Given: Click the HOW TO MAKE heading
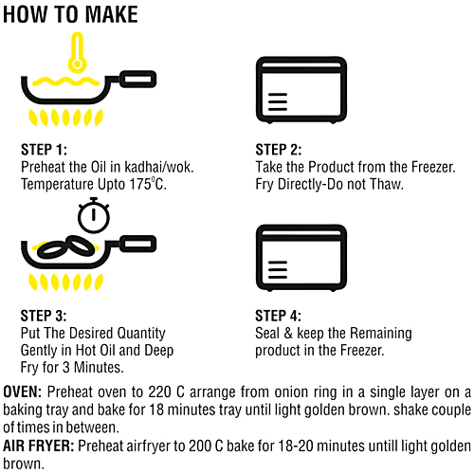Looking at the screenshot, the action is pos(70,14).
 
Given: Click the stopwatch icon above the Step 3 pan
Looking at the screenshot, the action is pos(94,215).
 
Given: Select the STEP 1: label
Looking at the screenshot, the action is pos(44,150).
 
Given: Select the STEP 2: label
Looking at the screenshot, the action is pos(279,150).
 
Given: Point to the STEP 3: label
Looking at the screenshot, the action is pos(44,316).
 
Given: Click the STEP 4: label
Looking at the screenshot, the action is pos(278,316).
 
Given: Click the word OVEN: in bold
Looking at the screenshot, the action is pos(22,392).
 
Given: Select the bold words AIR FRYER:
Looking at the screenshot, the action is pos(39,447).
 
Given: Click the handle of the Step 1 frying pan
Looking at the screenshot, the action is pos(138,79).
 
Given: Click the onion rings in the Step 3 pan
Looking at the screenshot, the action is pos(65,246).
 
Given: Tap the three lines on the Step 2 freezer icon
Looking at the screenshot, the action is pos(278,101).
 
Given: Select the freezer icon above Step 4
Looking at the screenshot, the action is pos(301,258).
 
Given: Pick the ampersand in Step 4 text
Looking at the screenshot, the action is pos(288,333).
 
